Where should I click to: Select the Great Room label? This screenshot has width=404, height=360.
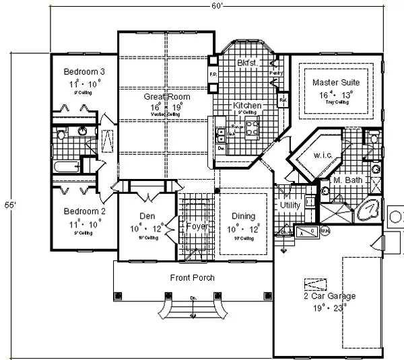(x=166, y=97)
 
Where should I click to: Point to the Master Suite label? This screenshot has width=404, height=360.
(x=335, y=83)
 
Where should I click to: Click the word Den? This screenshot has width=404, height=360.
(x=148, y=216)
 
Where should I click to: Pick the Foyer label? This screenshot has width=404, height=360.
(x=197, y=226)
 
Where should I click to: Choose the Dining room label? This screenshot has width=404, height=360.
(x=244, y=216)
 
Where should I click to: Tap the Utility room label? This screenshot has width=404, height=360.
(x=290, y=205)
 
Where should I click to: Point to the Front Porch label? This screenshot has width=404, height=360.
(x=192, y=278)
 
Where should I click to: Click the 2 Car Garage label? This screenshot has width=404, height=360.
(x=330, y=296)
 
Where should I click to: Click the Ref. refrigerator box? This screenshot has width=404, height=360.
(x=283, y=100)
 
